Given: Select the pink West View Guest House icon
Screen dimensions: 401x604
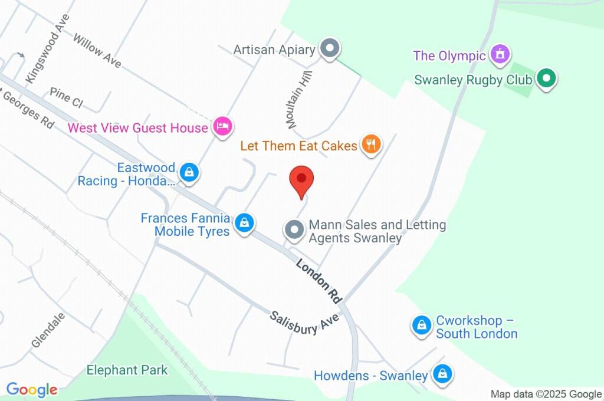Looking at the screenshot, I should click(223, 126).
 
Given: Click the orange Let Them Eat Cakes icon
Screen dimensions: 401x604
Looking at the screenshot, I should click(371, 144).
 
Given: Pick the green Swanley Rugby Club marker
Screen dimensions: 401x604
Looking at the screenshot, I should click(546, 78).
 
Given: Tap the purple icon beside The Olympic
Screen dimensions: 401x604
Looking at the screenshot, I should click(500, 55).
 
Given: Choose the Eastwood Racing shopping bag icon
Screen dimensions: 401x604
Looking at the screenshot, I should click(189, 172).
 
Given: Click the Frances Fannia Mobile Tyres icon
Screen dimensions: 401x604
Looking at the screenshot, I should click(244, 223).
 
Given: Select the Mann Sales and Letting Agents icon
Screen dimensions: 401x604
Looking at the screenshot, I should click(294, 229).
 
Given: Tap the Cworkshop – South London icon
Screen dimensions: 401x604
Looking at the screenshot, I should click(422, 325).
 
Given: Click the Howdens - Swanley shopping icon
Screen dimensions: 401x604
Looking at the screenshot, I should click(442, 374).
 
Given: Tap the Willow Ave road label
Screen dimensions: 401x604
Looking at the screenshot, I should click(97, 50).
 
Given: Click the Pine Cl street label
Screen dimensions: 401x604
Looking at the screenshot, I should click(66, 97).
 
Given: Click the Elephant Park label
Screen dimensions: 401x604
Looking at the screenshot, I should click(127, 370).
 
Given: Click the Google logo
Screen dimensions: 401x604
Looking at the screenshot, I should click(32, 390).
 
